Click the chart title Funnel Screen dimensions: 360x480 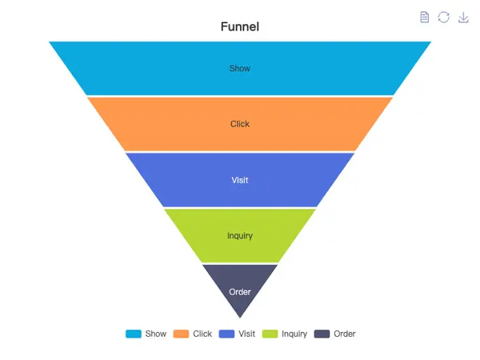240,27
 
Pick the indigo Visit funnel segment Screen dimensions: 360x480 192,180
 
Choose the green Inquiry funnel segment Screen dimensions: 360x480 204,236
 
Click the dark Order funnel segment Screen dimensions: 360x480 240,280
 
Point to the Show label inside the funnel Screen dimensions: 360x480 240,69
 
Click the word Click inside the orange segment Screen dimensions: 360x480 240,124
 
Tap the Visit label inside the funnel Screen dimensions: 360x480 240,180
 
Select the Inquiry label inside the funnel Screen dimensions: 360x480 240,236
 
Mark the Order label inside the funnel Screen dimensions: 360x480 240,292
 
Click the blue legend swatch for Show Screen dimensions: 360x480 134,334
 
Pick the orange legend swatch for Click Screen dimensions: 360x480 181,334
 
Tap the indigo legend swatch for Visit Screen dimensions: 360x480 227,334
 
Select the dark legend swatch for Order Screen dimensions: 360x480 322,334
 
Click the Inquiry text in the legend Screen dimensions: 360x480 294,334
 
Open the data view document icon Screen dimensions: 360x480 425,17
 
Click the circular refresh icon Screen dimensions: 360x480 444,17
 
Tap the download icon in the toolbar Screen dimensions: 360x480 463,17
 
